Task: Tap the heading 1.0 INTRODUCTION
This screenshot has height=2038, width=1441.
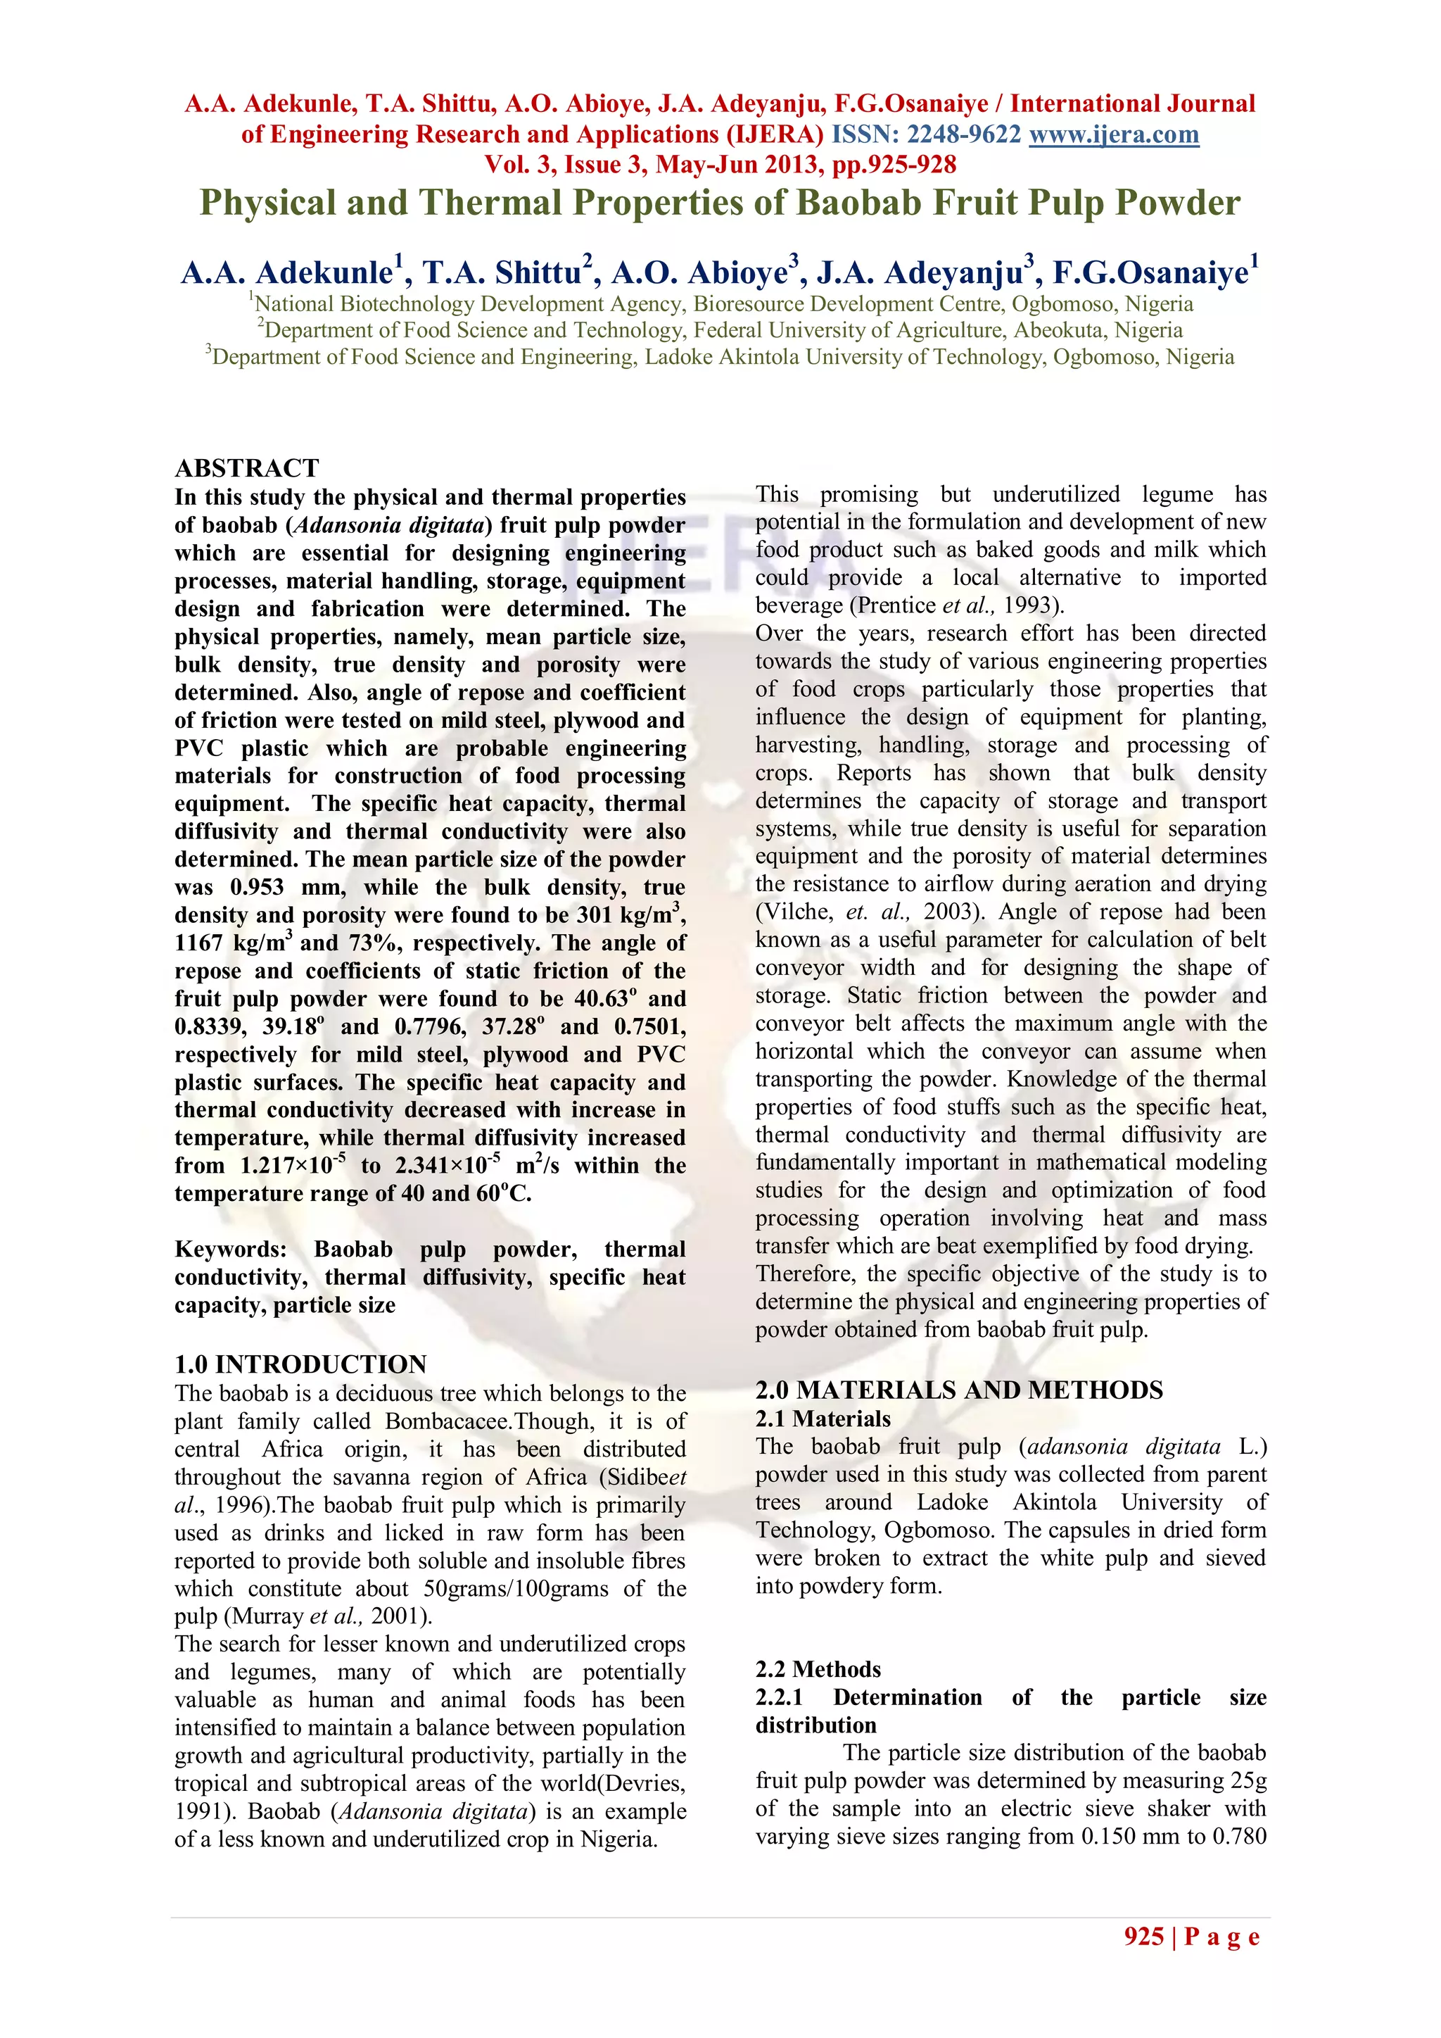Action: coord(301,1364)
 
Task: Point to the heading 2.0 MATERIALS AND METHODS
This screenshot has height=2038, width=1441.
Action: coord(959,1390)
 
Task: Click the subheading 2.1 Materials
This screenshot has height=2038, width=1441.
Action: coord(823,1419)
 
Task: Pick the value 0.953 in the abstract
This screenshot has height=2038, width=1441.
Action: coord(258,888)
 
